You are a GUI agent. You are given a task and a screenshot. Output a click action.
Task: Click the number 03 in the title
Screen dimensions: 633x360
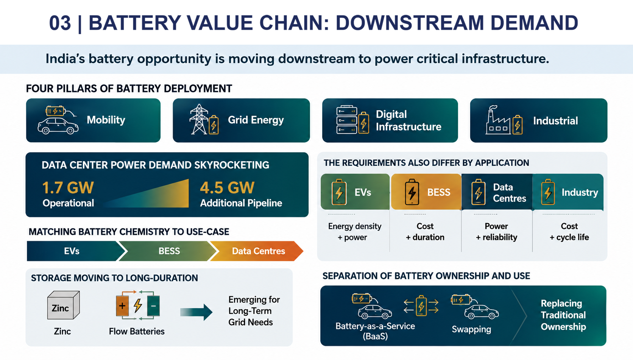tap(60, 23)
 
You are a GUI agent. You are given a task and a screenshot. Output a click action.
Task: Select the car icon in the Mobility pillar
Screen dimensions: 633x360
tap(58, 126)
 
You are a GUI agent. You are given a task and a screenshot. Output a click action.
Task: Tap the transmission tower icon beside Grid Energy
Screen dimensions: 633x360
tap(199, 119)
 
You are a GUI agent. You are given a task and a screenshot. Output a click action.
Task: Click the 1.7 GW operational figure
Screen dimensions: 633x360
tap(68, 188)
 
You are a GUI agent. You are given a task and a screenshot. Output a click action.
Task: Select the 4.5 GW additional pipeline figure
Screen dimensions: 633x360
tap(227, 188)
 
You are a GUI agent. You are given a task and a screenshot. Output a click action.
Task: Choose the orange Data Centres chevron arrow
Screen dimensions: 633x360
tap(257, 251)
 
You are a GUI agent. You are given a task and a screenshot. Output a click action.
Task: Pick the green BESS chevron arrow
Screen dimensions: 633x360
tap(168, 251)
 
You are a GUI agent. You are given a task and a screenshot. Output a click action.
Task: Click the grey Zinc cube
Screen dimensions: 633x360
tap(63, 305)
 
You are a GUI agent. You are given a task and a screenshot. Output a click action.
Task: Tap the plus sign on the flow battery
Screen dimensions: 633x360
tap(122, 306)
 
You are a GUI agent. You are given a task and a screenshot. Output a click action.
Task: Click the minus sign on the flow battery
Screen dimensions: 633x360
tap(153, 306)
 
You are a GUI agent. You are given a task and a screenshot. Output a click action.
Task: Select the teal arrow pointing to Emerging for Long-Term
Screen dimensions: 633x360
tap(196, 312)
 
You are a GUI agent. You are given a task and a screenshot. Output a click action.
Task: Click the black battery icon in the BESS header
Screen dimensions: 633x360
tap(412, 192)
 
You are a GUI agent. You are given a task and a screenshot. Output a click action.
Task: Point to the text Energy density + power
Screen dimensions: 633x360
tap(355, 232)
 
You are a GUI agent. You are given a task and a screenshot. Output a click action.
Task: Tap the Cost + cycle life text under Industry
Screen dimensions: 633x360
tap(569, 232)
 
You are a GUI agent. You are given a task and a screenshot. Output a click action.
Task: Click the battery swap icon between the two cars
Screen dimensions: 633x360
tap(421, 306)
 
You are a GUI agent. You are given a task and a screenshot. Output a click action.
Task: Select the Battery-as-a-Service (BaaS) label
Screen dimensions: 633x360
tap(375, 331)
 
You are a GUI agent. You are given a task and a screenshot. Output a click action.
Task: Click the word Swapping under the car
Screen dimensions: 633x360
tap(471, 329)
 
